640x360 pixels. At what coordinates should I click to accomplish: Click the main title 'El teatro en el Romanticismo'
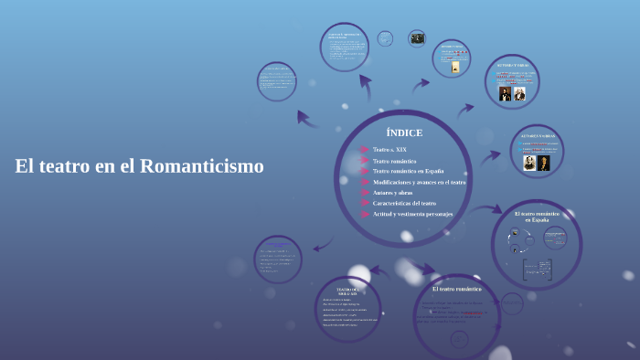click(139, 166)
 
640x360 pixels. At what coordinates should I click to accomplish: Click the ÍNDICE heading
click(404, 133)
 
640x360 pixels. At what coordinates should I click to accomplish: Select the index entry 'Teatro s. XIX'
click(389, 150)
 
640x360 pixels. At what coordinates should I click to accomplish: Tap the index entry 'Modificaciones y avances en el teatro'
click(419, 182)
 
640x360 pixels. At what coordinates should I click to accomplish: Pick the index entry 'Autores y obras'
click(392, 193)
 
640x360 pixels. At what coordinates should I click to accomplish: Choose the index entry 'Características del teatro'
click(404, 203)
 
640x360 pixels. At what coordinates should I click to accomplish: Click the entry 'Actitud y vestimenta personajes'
click(412, 214)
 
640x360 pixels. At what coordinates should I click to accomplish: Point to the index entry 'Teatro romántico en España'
click(408, 171)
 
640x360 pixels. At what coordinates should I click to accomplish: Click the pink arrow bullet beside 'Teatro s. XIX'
click(364, 150)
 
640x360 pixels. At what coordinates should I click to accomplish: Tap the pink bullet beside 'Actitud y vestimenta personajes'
click(364, 214)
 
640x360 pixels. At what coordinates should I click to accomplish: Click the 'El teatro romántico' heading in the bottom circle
click(456, 289)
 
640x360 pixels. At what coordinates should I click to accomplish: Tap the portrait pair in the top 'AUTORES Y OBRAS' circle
click(512, 93)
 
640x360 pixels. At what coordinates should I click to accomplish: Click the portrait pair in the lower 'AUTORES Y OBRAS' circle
click(536, 164)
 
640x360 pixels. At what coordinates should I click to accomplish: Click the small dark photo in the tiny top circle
click(417, 38)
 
